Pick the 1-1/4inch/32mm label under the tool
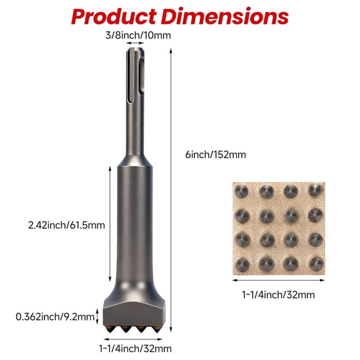136,348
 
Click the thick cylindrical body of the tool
136,225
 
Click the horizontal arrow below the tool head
136,337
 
